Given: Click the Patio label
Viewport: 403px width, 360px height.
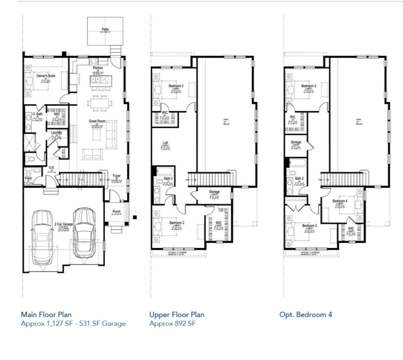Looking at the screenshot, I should coord(105,30).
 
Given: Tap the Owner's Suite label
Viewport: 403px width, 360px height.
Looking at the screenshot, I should coord(46,76).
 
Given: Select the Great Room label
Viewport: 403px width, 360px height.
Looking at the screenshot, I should coord(97,121).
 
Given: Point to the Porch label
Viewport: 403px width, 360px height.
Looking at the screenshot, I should coord(116,212).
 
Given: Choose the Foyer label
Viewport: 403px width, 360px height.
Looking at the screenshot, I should coord(116,176).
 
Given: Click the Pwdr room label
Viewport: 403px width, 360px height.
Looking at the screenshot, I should coord(28,178).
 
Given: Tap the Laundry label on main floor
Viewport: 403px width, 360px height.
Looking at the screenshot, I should coord(56,133).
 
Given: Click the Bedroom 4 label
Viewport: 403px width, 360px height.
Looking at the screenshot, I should coord(340,201).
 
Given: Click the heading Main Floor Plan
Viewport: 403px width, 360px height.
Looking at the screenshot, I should coord(46,314).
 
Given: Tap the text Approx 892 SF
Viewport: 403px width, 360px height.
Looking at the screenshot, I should coord(172,323).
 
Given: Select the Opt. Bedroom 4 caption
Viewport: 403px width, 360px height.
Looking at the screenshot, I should coord(306,314).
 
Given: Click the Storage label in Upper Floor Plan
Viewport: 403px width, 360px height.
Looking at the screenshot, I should coord(214,192).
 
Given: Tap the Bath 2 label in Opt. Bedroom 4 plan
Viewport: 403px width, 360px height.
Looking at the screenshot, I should coord(299,179).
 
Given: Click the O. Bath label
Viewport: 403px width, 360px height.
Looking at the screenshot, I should coord(38,114).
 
